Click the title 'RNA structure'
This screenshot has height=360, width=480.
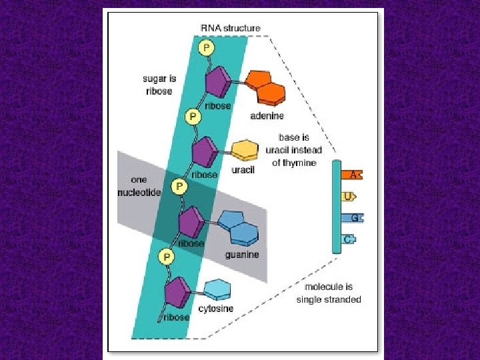click(x=230, y=28)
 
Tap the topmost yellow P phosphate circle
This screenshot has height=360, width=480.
click(x=207, y=47)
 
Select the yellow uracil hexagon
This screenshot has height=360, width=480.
click(x=244, y=150)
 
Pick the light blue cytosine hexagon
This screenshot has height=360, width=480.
click(x=217, y=289)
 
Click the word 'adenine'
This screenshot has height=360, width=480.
click(x=267, y=115)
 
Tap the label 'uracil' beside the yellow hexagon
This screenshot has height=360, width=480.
click(x=243, y=170)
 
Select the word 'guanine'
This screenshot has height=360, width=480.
click(x=242, y=255)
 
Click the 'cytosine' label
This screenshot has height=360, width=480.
click(x=216, y=309)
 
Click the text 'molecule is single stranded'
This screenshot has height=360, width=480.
click(x=329, y=293)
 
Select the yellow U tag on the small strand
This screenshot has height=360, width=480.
click(x=348, y=196)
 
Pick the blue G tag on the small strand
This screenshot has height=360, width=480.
click(x=353, y=217)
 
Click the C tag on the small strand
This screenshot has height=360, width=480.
click(x=349, y=239)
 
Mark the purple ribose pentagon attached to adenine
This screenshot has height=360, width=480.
click(x=217, y=83)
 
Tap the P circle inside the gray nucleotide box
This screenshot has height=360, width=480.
click(x=179, y=187)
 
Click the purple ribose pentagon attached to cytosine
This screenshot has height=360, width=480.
click(x=177, y=291)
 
